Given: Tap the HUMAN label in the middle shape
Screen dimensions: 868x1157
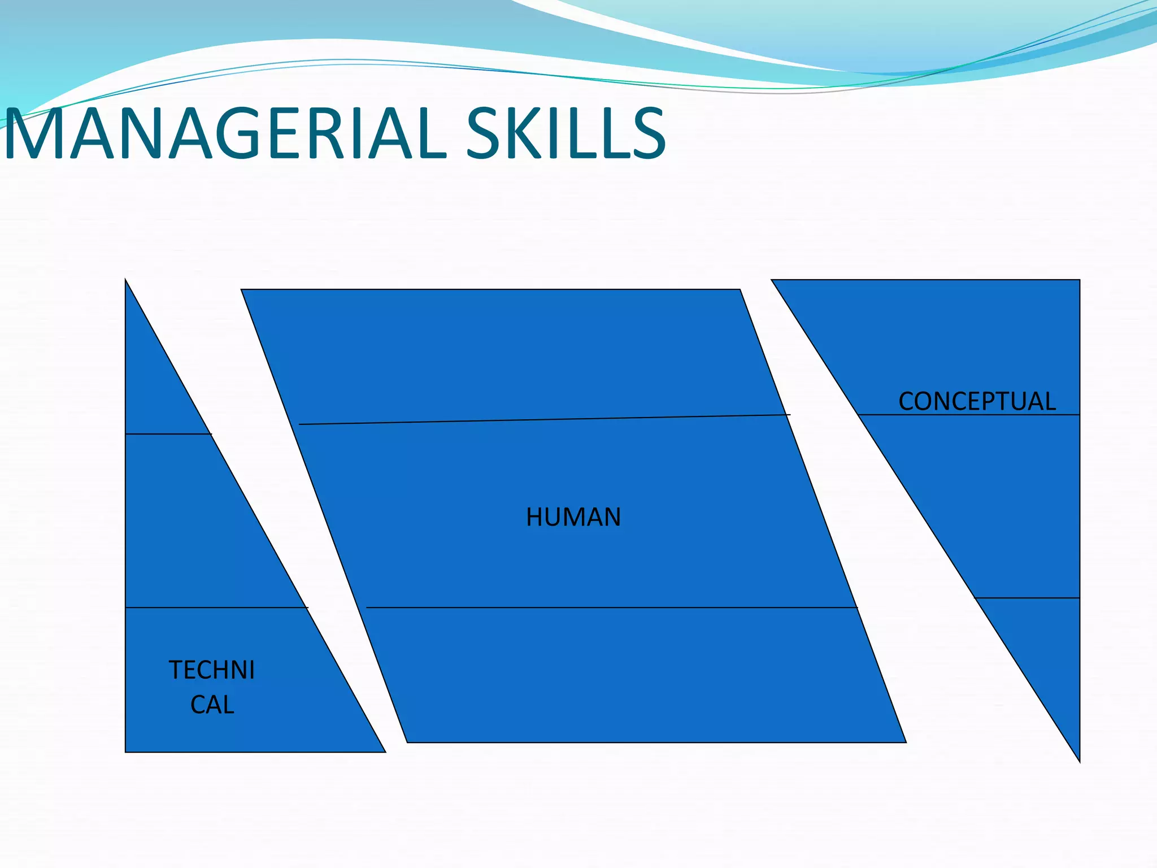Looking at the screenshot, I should click(x=573, y=517).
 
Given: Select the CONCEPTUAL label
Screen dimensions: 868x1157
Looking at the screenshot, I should click(x=977, y=401).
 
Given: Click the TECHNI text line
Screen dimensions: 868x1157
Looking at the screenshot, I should click(x=212, y=670).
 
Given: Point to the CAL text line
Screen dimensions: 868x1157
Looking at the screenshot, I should click(x=212, y=705).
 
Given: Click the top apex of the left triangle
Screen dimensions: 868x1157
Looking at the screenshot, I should click(x=125, y=280).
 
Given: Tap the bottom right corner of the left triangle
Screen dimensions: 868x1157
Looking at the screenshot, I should click(x=385, y=752).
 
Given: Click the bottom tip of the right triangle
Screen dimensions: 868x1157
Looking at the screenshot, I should click(x=1079, y=761).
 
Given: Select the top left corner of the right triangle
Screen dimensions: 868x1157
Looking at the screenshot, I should click(x=772, y=280).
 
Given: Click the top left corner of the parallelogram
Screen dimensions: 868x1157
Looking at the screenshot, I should click(x=242, y=290).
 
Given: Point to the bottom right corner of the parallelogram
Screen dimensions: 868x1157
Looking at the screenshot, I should click(x=905, y=742).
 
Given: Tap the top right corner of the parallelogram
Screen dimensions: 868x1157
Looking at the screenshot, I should click(x=740, y=290).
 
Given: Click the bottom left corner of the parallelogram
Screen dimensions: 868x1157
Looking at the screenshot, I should click(x=407, y=742).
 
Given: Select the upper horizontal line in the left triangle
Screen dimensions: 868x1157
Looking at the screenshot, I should click(x=168, y=434).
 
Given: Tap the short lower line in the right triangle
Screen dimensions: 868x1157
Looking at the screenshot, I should click(x=1027, y=597).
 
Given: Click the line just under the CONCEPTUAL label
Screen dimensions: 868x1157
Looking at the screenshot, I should click(x=969, y=415).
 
